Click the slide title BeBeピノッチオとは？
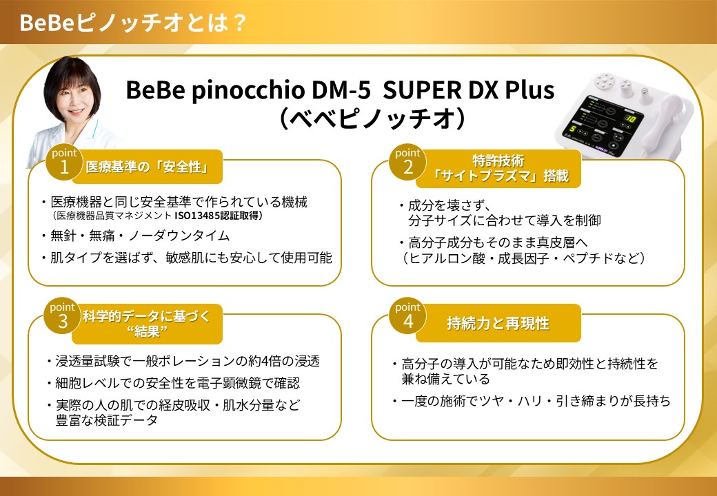tap(133, 22)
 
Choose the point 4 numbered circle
tap(407, 318)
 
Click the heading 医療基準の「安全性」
tap(148, 167)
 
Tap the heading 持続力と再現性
tap(498, 323)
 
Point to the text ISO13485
tap(197, 216)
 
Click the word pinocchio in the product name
tap(248, 91)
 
